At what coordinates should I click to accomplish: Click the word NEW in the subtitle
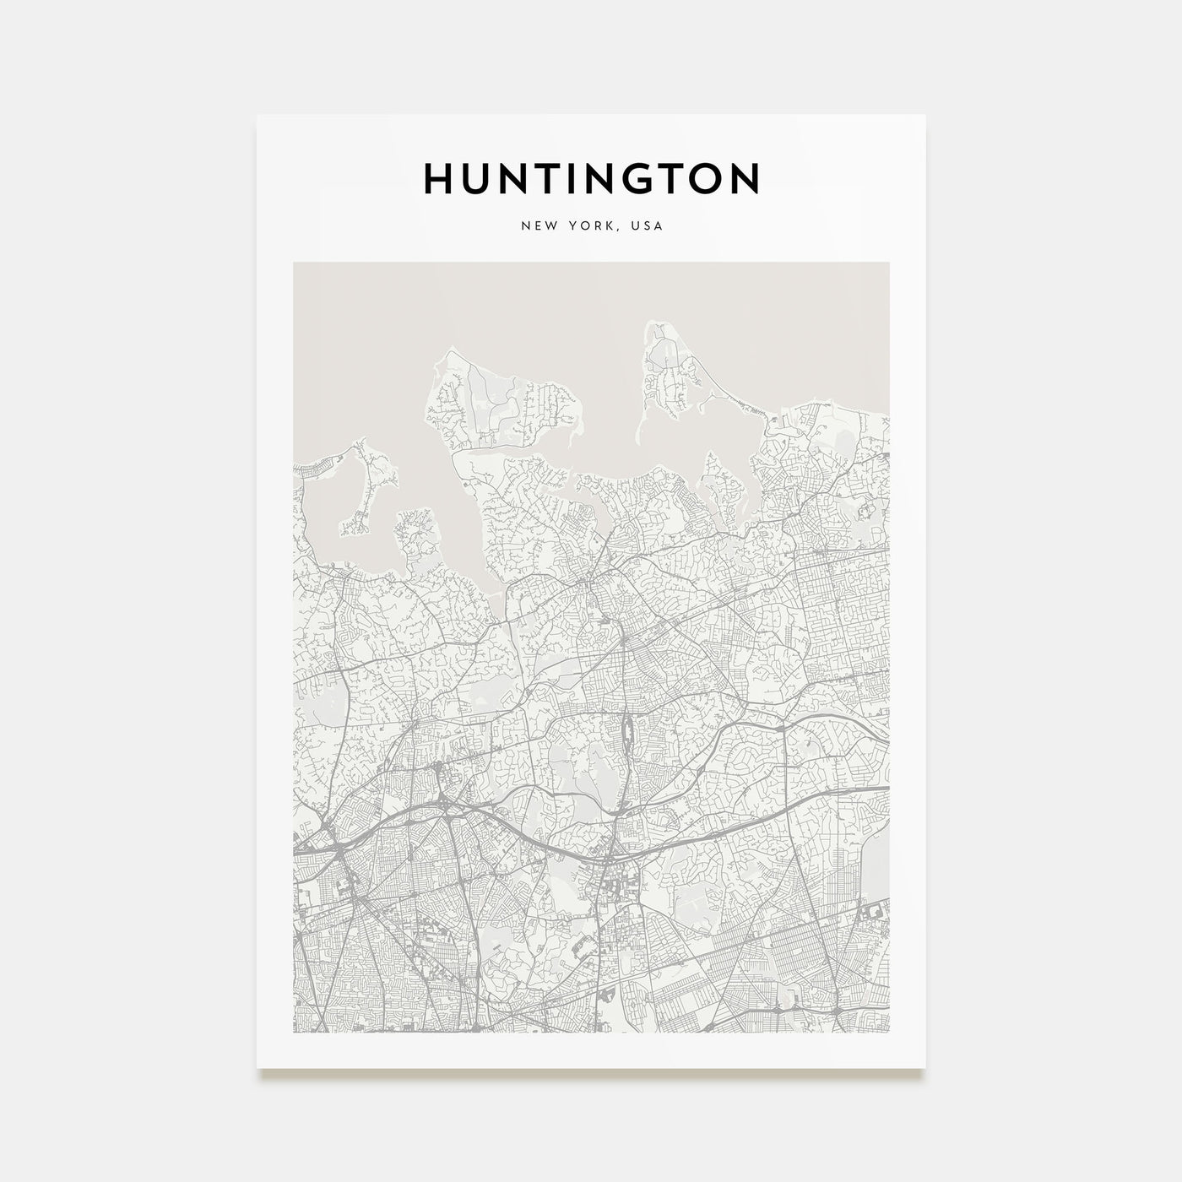coord(536,226)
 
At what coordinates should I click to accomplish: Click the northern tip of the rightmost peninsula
coord(653,325)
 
